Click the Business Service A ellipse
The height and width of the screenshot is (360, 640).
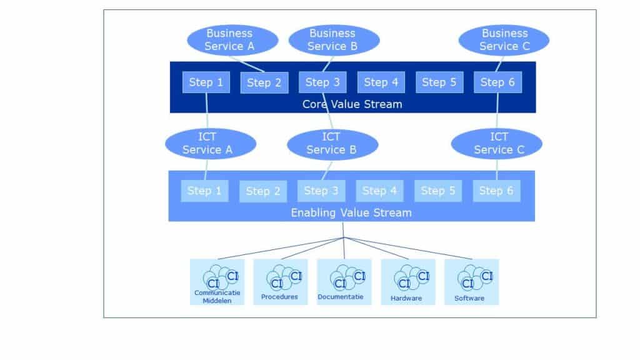pos(229,39)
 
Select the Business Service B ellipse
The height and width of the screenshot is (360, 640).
pos(332,39)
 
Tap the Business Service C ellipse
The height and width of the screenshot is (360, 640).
pos(504,39)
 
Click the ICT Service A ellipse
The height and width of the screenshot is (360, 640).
pos(207,143)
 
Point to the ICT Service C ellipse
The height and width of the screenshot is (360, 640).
pos(498,143)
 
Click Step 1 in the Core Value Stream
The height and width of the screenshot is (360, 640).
pos(206,82)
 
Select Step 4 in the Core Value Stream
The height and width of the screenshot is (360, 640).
pos(381,82)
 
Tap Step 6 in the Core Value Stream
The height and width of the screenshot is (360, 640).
pos(497,82)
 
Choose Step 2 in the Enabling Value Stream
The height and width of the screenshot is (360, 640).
pos(262,191)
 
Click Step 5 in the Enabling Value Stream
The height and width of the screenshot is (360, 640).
pos(438,191)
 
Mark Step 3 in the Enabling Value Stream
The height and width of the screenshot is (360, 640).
pos(321,191)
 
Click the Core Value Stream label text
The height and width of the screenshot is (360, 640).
pos(352,104)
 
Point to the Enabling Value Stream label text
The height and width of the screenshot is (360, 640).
pos(351,212)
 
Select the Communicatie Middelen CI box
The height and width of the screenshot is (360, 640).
pos(217,282)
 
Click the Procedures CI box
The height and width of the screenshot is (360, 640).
pos(280,282)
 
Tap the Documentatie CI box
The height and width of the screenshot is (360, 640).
pos(344,282)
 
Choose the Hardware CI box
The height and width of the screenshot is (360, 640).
pos(407,282)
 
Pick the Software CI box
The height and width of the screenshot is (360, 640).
pos(471,282)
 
